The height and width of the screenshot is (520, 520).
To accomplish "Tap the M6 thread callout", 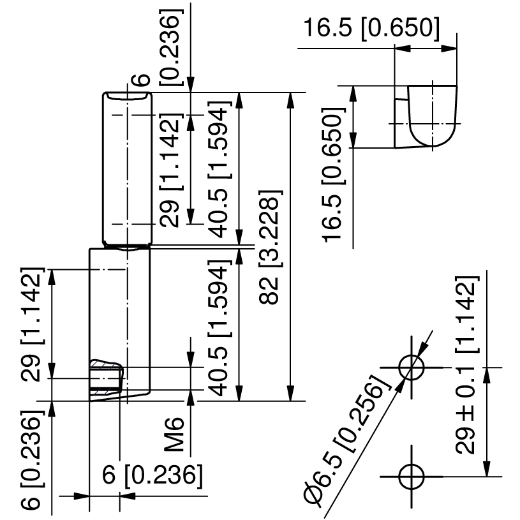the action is pos(174,435).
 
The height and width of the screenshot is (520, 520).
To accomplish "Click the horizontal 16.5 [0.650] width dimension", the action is pos(371,27).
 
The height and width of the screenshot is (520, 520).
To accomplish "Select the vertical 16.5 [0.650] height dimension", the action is pos(333,175).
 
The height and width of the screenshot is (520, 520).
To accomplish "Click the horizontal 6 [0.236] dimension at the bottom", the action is pos(152,475).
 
